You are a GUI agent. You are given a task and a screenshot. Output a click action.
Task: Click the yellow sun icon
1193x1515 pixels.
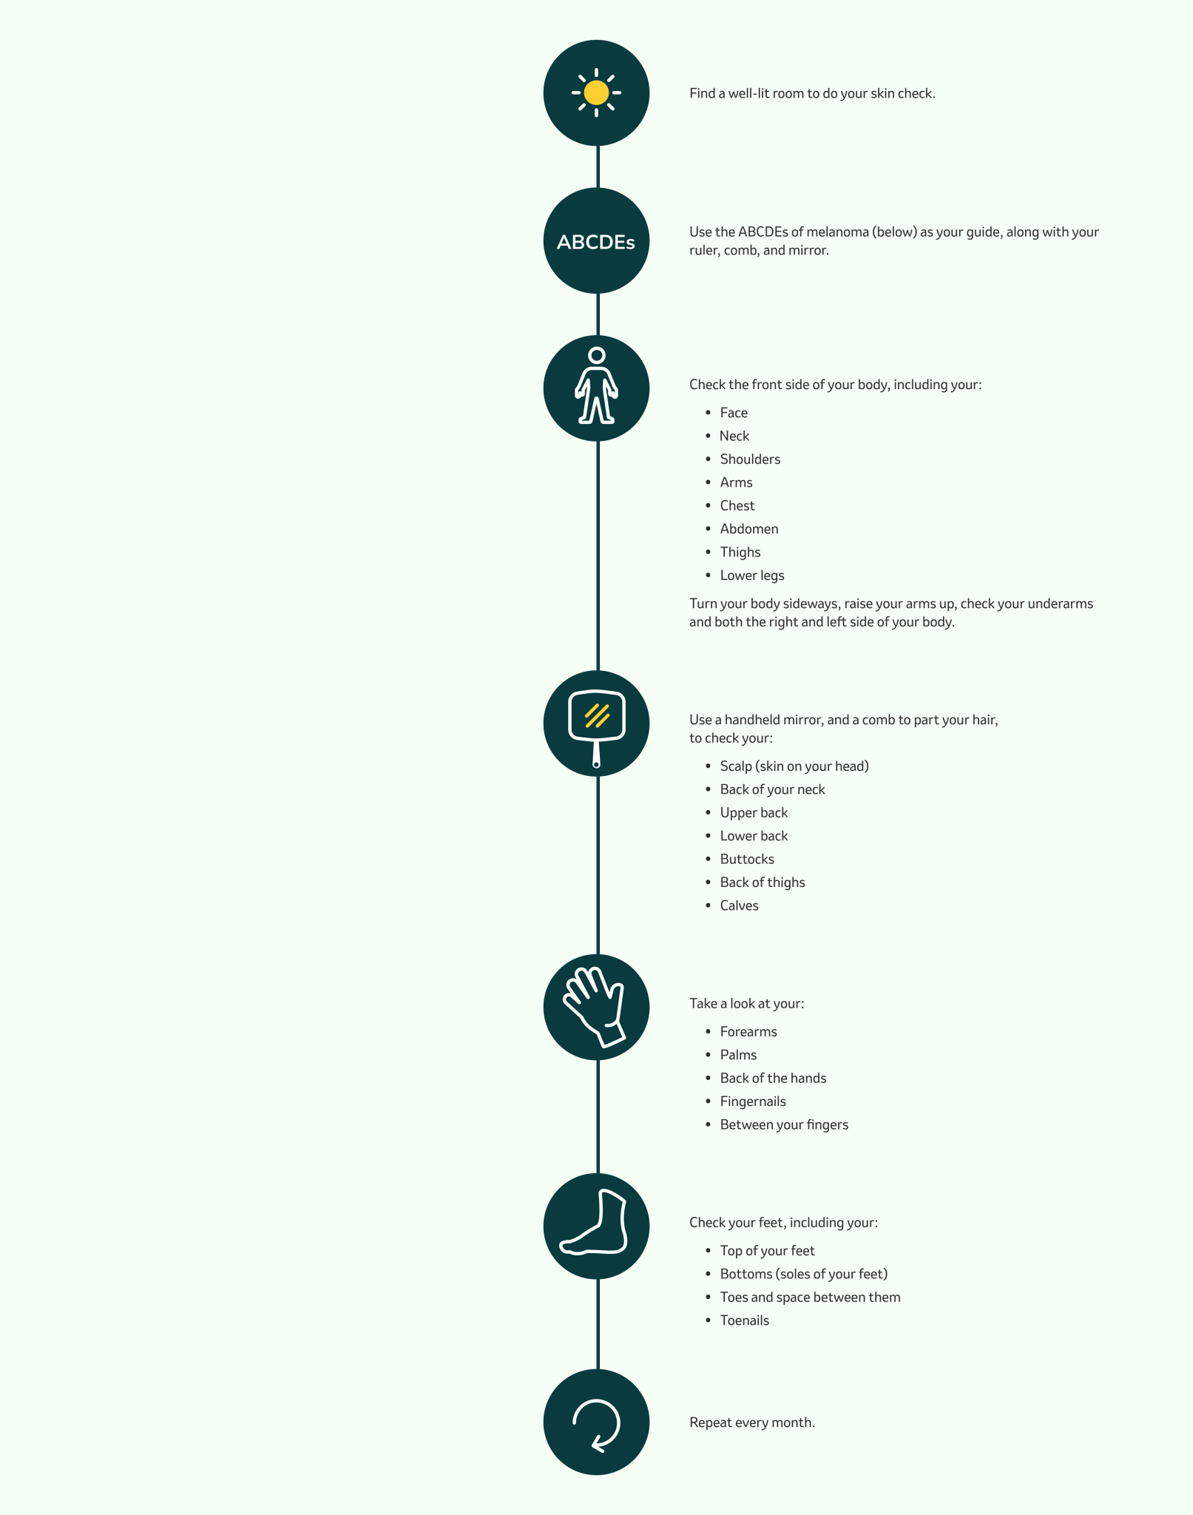coord(596,92)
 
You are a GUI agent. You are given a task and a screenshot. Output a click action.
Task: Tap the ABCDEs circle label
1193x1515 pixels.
coord(596,242)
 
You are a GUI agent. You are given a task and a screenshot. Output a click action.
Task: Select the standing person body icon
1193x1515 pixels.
coord(596,385)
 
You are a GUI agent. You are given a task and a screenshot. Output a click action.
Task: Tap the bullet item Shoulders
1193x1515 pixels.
coord(750,459)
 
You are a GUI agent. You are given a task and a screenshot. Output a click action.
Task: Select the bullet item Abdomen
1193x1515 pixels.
coord(749,529)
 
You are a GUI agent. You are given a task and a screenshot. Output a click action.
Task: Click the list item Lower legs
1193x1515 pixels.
coord(752,576)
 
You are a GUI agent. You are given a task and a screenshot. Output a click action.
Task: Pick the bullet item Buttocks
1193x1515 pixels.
coord(747,860)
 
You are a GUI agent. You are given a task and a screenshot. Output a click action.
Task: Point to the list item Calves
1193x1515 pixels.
coord(740,906)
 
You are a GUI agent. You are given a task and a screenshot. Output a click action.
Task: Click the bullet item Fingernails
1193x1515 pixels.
coord(753,1101)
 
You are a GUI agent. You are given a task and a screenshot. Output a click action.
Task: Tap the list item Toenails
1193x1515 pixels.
coord(745,1320)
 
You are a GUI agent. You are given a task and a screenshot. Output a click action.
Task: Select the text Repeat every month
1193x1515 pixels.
coord(752,1423)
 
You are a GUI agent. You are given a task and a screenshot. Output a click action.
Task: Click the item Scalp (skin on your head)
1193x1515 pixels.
coord(794,766)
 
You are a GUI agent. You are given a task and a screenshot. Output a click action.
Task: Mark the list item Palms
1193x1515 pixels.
coord(738,1055)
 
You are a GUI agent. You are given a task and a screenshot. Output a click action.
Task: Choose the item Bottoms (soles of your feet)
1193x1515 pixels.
coord(804,1274)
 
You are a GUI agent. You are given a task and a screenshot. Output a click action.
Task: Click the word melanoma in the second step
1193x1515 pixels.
coord(837,232)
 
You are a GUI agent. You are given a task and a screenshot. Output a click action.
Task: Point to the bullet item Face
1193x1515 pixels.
coord(734,413)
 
